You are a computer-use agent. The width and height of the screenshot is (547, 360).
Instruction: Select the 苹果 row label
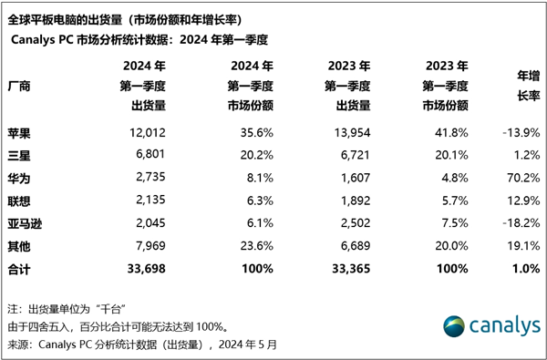[x=19, y=132]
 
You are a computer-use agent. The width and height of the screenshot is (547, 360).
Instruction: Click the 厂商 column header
[x=19, y=86]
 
